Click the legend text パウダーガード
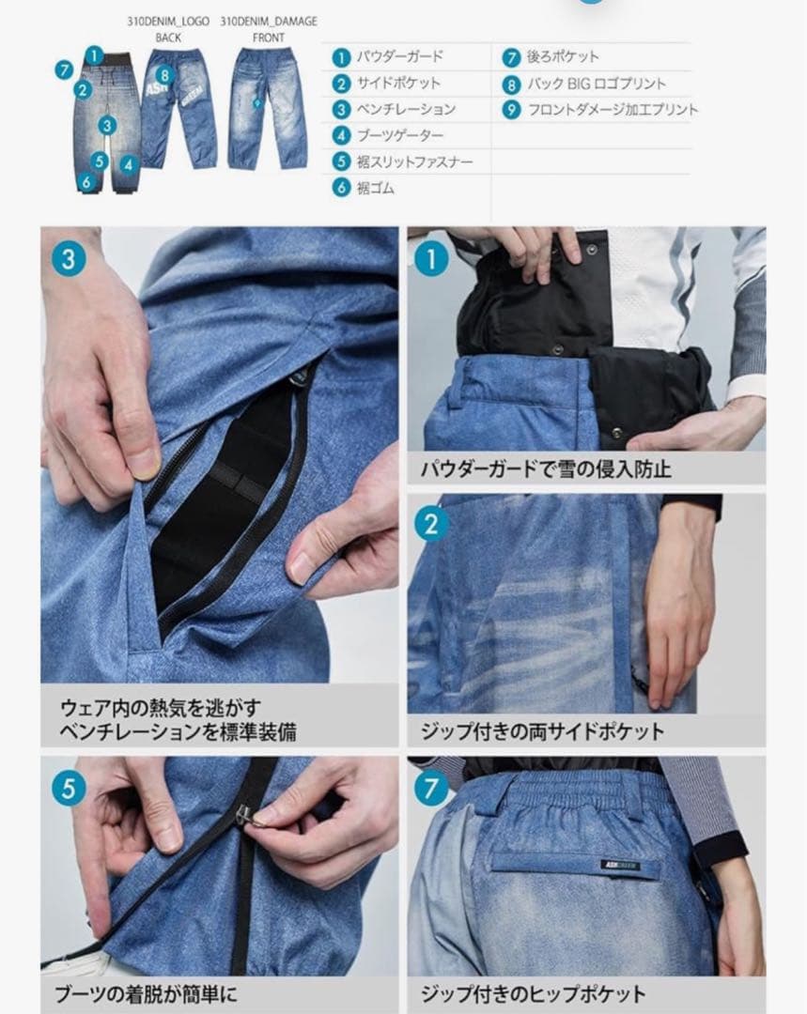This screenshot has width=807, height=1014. click(x=399, y=56)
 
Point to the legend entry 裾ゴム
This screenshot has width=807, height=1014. click(x=376, y=189)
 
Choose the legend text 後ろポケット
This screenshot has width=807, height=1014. click(x=563, y=56)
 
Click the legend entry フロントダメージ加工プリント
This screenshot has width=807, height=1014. click(x=613, y=110)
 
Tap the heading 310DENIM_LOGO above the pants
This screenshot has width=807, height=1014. click(x=168, y=21)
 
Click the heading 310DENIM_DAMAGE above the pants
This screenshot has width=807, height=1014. click(x=269, y=21)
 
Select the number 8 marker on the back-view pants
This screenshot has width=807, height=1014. click(x=165, y=74)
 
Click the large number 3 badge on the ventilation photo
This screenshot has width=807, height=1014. click(x=69, y=257)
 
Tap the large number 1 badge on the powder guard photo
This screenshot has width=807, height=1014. click(x=431, y=257)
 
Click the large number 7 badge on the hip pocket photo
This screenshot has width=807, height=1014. click(x=431, y=787)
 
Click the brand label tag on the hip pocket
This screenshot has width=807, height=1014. click(x=621, y=865)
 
